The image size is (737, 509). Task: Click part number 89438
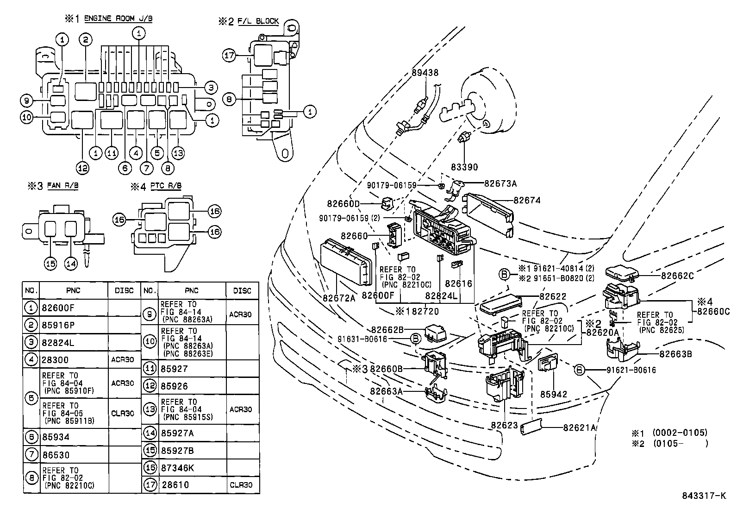pyautogui.click(x=425, y=73)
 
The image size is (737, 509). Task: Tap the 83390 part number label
pyautogui.click(x=465, y=167)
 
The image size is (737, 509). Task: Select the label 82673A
pyautogui.click(x=500, y=183)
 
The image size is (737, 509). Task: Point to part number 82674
pyautogui.click(x=527, y=201)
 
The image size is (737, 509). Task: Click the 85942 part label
pyautogui.click(x=554, y=394)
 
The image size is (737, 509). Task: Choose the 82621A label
pyautogui.click(x=579, y=427)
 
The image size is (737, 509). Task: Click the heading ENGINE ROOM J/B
pyautogui.click(x=119, y=19)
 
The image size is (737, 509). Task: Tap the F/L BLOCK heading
pyautogui.click(x=258, y=21)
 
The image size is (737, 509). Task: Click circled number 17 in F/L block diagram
pyautogui.click(x=229, y=55)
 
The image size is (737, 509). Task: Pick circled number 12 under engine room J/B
pyautogui.click(x=82, y=169)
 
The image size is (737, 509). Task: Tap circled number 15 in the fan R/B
pyautogui.click(x=50, y=264)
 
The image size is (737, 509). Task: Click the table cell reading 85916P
pyautogui.click(x=58, y=325)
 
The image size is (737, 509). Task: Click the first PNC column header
pyautogui.click(x=73, y=290)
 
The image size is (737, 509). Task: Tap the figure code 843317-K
pyautogui.click(x=704, y=495)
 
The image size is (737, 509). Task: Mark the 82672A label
pyautogui.click(x=339, y=298)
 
